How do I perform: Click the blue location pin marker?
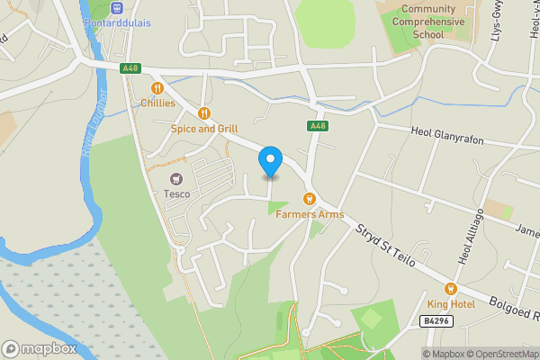click(269, 163)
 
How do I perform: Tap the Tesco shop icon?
click(175, 178)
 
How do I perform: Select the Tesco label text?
click(175, 193)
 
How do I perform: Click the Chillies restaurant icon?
click(157, 88)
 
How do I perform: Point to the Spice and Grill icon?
click(204, 113)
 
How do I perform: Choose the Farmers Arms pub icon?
click(309, 198)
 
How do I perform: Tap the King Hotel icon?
click(451, 288)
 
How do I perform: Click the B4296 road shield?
click(435, 320)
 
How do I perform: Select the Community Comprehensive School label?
click(428, 22)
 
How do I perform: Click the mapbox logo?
click(39, 348)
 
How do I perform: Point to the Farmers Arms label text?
click(309, 214)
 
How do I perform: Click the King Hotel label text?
click(451, 304)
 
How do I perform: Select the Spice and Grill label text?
click(204, 129)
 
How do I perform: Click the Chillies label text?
click(157, 103)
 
